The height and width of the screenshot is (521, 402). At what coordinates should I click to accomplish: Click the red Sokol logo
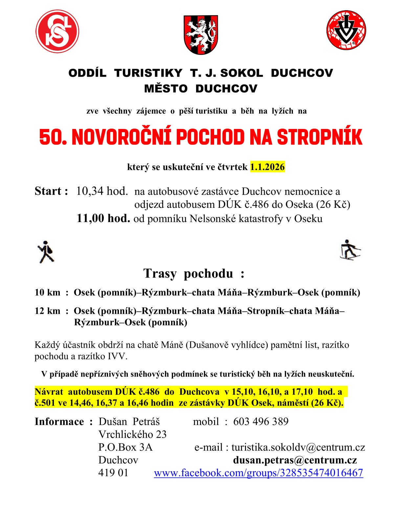point(57,31)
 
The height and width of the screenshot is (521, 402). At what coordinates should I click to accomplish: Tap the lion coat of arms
point(201,34)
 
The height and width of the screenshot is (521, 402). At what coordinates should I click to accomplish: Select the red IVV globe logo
point(346,30)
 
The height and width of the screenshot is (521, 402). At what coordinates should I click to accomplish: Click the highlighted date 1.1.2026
point(267,167)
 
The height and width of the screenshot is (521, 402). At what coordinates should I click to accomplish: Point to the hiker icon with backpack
point(46,252)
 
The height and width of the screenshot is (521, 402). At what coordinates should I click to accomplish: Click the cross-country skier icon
point(350,250)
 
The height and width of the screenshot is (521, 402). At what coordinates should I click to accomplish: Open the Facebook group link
point(258,473)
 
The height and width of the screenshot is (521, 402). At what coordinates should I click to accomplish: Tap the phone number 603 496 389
point(261,422)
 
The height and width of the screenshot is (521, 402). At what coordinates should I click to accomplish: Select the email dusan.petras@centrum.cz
point(295,460)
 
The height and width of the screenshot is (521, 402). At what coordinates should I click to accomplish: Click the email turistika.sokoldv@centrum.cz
point(298,447)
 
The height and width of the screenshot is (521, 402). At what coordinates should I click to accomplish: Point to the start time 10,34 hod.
point(102,191)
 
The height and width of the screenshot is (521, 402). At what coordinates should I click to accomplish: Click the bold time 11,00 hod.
point(103,218)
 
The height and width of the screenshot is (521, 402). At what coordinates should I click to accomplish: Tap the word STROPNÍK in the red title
point(320,137)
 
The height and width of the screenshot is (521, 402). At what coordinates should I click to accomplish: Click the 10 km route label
point(48,292)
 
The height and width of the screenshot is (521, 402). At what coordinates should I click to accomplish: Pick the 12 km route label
point(48,311)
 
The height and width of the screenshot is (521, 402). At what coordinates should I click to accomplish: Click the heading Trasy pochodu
point(194,273)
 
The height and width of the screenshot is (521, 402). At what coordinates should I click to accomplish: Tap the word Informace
point(59,422)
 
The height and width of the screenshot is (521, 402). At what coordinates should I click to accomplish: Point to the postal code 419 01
point(113,473)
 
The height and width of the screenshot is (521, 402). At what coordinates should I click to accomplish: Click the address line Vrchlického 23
point(132,434)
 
